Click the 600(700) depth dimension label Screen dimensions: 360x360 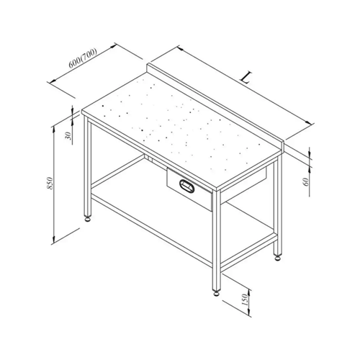coord(83,58)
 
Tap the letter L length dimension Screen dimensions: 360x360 coord(246,78)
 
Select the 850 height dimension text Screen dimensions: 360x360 coord(50,183)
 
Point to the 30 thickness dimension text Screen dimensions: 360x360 coord(68,136)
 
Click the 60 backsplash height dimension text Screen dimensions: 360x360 coord(306,182)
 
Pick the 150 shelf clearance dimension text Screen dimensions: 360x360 coord(245,300)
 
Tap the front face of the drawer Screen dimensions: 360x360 coord(189,189)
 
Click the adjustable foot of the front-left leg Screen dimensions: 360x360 coord(89,219)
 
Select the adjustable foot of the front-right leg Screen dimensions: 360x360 coord(217,293)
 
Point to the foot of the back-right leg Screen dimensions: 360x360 coord(278,258)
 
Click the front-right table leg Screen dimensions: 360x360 coord(216,240)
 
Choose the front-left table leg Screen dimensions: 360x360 coord(88,168)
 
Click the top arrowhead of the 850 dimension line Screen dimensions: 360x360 coord(53,129)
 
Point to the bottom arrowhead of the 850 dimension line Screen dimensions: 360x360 coord(54,240)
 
